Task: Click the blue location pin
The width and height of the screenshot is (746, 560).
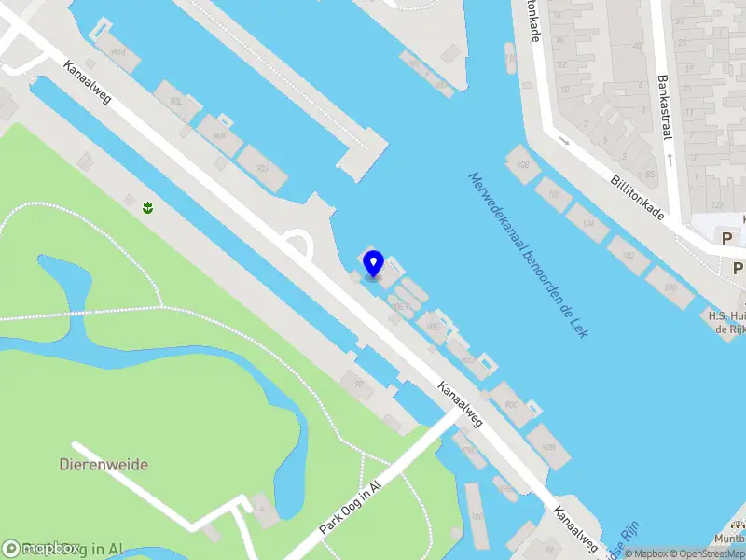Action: pyautogui.click(x=373, y=263)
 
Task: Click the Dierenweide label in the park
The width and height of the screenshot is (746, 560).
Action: pyautogui.click(x=104, y=464)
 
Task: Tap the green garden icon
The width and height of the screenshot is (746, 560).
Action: pyautogui.click(x=147, y=205)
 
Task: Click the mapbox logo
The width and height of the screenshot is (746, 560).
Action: pyautogui.click(x=42, y=549)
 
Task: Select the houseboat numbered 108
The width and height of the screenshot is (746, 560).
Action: pyautogui.click(x=522, y=166)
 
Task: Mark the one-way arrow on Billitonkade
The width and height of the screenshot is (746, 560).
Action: pyautogui.click(x=563, y=141)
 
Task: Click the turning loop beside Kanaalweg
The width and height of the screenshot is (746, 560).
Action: pyautogui.click(x=297, y=245)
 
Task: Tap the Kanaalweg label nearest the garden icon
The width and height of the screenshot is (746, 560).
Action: pyautogui.click(x=87, y=81)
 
